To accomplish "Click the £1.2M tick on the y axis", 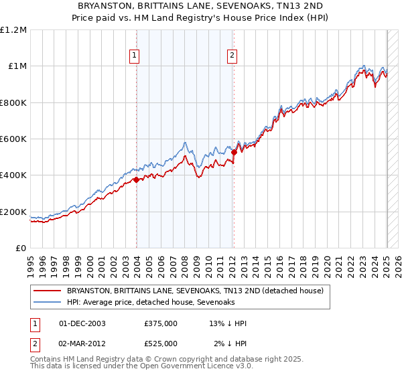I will pos(13,29).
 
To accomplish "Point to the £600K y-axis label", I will pos(13,139).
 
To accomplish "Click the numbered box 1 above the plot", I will pos(135,56).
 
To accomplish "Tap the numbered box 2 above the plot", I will pos(232,56).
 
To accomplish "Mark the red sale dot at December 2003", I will pos(136,179).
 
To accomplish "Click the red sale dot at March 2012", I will pos(234,152).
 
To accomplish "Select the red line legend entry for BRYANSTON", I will pos(195,291).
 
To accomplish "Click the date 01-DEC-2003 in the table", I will pos(82,323).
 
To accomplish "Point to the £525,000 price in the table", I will pos(161,344).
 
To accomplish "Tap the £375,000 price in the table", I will pos(161,323).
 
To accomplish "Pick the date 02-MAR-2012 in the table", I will pos(82,344).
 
